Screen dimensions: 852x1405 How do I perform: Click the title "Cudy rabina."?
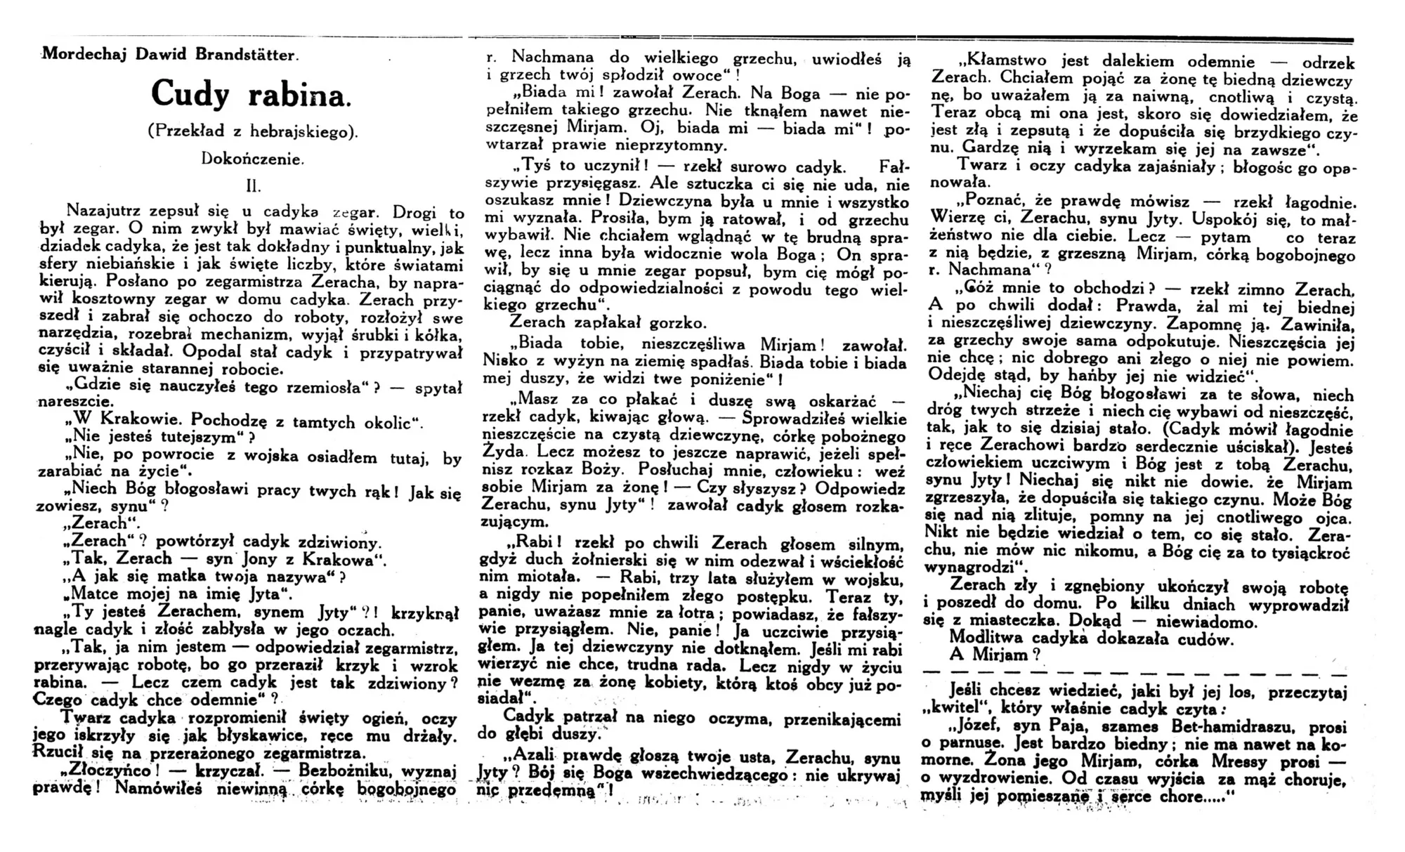(249, 94)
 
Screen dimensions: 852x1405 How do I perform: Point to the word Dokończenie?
(253, 158)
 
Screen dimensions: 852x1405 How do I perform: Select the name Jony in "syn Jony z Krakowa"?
(245, 558)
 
